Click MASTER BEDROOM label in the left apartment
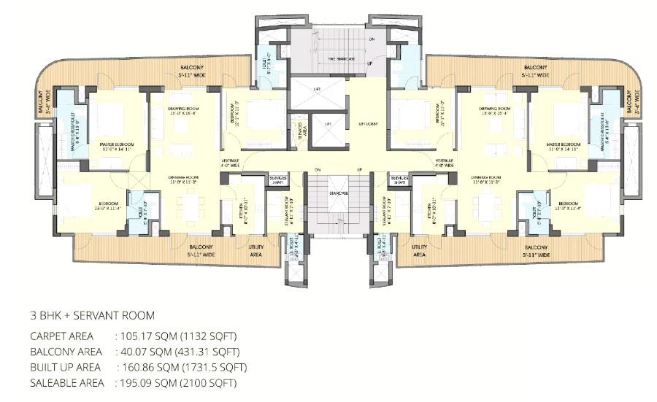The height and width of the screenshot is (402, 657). (116, 144)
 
